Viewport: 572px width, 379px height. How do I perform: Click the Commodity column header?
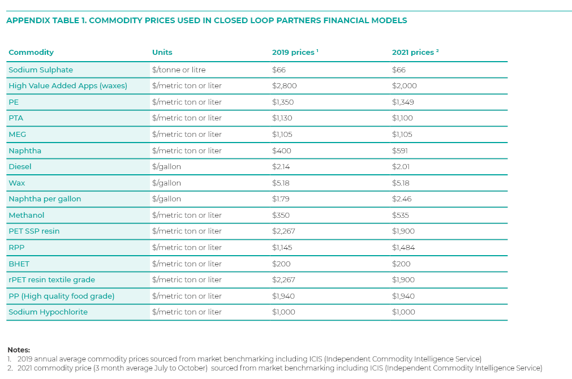click(x=31, y=52)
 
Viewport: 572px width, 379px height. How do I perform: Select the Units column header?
click(x=162, y=52)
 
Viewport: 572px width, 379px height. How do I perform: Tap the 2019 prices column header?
click(x=295, y=52)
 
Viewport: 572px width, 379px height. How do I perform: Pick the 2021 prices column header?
click(x=415, y=52)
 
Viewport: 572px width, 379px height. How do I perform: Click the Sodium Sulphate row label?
click(x=41, y=70)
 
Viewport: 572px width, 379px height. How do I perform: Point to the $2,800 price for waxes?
click(x=284, y=86)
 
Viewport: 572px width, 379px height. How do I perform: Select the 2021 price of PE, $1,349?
click(x=403, y=102)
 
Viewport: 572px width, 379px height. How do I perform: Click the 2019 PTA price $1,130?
click(x=282, y=118)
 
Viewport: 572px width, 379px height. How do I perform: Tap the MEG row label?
click(x=17, y=134)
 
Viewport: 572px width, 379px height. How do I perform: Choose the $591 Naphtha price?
click(x=400, y=150)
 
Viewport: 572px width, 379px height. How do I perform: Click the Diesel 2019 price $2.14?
click(x=281, y=167)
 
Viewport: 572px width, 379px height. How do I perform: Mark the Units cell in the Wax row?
click(x=166, y=183)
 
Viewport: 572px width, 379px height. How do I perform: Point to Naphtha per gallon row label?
click(x=45, y=199)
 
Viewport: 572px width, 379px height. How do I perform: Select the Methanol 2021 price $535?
click(x=400, y=215)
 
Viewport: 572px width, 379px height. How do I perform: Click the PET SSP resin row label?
click(x=34, y=231)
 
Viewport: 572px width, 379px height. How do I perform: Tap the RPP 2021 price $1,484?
click(x=403, y=247)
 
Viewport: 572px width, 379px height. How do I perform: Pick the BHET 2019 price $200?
click(x=281, y=264)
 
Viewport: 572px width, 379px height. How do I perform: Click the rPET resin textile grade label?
click(x=52, y=280)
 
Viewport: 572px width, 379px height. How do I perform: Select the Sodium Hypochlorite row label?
click(x=48, y=312)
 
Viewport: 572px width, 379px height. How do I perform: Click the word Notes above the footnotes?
click(x=19, y=350)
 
